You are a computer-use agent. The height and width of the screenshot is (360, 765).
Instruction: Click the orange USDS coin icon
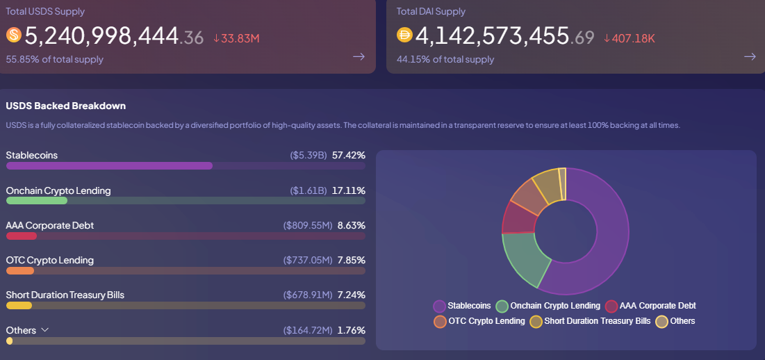[14, 35]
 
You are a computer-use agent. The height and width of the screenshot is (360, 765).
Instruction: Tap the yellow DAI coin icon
[404, 35]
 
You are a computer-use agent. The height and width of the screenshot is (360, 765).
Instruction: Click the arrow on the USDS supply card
[359, 56]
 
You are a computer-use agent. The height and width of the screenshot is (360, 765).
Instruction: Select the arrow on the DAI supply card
[750, 56]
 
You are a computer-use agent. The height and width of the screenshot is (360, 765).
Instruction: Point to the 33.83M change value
[236, 38]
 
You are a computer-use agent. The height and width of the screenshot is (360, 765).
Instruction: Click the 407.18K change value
[630, 38]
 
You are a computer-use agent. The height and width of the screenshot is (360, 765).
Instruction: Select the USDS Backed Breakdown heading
[65, 106]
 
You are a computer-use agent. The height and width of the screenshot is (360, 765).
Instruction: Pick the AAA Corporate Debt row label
[49, 225]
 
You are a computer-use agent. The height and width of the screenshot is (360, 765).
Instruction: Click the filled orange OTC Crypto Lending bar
[19, 270]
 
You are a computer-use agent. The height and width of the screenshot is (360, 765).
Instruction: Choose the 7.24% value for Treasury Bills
[351, 295]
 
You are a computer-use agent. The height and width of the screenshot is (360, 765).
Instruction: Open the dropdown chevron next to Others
[45, 330]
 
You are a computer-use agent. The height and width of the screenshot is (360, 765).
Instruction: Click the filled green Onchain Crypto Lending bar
[36, 200]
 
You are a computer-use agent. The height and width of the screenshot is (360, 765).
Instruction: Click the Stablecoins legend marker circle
[439, 306]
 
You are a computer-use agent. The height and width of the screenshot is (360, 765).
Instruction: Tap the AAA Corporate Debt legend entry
[650, 306]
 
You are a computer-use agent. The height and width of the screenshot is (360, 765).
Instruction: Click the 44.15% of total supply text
[445, 59]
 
